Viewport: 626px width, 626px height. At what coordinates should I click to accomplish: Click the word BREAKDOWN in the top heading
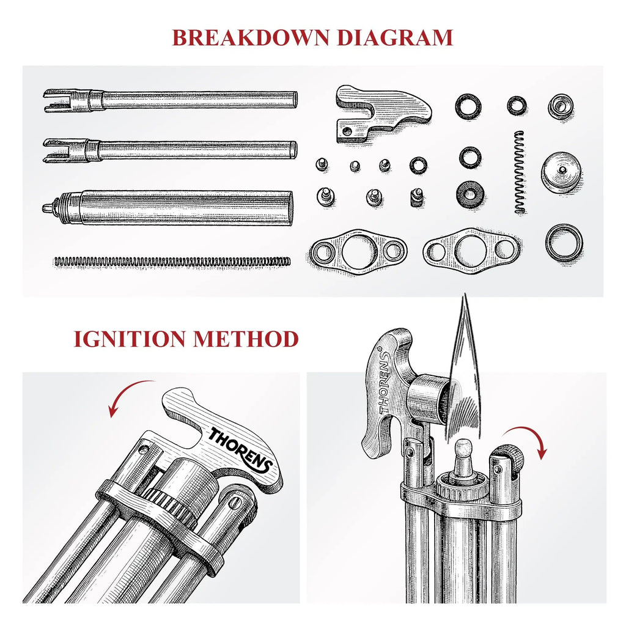click(251, 37)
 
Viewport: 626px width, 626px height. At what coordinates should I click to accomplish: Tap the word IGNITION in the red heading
click(130, 339)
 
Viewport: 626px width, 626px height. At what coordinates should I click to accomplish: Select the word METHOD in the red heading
click(246, 339)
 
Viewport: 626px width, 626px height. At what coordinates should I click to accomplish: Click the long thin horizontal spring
click(172, 262)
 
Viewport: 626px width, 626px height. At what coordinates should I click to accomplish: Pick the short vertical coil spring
click(520, 172)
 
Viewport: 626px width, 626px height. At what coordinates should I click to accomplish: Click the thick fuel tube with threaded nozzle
click(168, 208)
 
